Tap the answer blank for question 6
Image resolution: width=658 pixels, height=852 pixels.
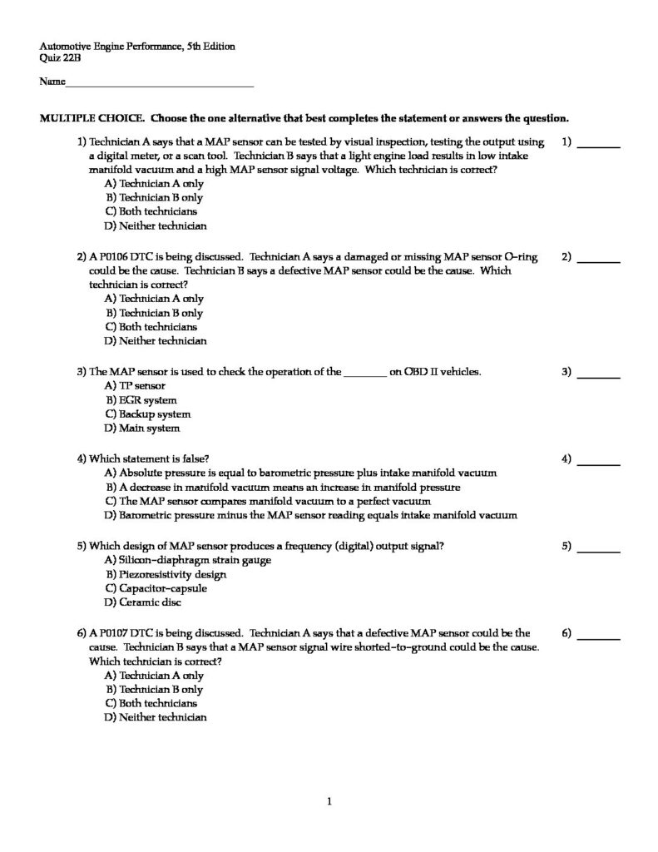pyautogui.click(x=598, y=637)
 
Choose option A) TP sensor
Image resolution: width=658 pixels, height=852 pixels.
pyautogui.click(x=135, y=386)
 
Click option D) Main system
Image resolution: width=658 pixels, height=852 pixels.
pyautogui.click(x=141, y=428)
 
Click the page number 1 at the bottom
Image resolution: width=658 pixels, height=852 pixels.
pyautogui.click(x=330, y=802)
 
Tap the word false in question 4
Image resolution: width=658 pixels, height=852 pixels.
pyautogui.click(x=194, y=458)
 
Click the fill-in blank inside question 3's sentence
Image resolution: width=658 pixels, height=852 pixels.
pyautogui.click(x=364, y=373)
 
